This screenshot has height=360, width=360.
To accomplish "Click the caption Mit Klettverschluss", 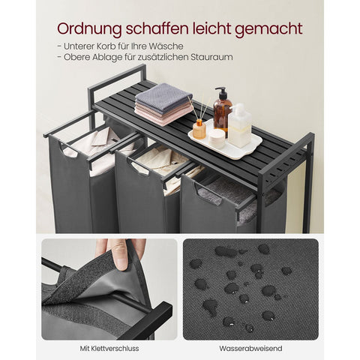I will coord(109,348).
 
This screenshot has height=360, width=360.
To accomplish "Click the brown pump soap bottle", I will coord(222,112).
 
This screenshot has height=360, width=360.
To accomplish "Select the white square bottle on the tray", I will coord(240,124).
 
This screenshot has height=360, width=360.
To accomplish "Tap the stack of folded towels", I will coord(163,103).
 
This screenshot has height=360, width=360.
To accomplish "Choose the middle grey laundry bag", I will coord(142,199).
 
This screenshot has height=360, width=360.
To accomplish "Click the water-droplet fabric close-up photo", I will coord(250,288).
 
